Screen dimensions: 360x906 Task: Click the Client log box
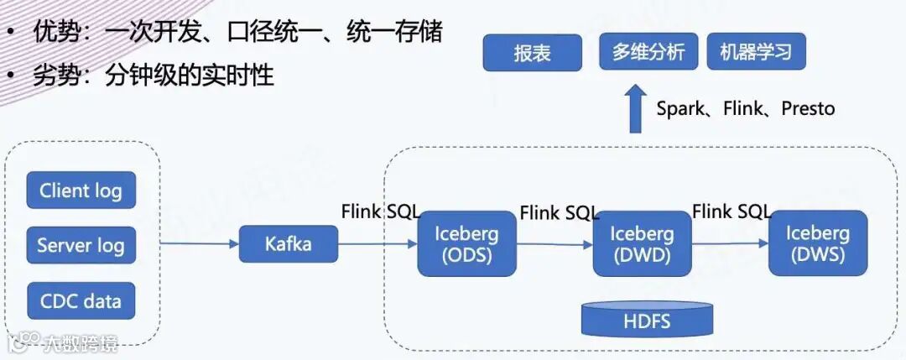(81, 190)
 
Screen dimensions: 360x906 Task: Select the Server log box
(81, 246)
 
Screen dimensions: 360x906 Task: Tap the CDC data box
(81, 300)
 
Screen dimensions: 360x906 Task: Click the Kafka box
(289, 244)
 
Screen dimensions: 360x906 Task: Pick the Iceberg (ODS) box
(466, 243)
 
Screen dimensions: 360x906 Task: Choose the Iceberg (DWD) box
(642, 243)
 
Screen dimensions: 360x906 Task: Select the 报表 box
(533, 53)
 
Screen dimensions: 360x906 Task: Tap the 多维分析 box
(648, 52)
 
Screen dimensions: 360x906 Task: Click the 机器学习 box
(756, 52)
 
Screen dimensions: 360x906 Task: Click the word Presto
(808, 108)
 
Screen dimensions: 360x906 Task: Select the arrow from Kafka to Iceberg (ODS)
(377, 244)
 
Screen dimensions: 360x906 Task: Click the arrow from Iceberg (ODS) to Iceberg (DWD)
(554, 244)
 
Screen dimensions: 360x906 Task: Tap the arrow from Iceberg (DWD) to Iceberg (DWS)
(729, 243)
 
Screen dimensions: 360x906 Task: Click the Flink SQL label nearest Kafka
(380, 211)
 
